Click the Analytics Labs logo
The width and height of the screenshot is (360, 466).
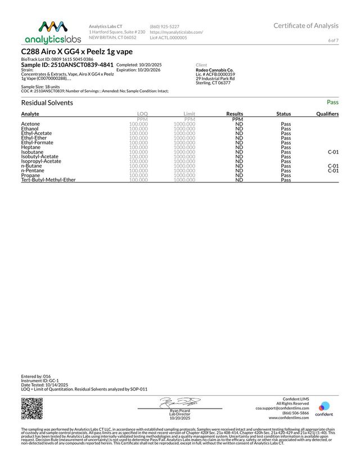point(53,32)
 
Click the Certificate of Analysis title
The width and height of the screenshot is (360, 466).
point(306,25)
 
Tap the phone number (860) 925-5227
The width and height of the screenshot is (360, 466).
point(164,26)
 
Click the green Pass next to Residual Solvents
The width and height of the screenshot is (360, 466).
point(332,102)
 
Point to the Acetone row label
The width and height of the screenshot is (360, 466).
point(30,124)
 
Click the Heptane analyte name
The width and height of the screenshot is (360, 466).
point(31,147)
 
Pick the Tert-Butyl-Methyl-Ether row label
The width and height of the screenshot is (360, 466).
point(48,180)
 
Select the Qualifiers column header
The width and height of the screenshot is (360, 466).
point(327,114)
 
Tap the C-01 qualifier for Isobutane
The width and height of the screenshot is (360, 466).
point(333,152)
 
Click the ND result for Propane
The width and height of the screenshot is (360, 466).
point(239,175)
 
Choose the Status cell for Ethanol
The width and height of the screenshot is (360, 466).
point(286,128)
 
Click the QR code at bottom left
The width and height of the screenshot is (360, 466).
point(32,409)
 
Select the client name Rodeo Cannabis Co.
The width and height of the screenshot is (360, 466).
point(215,70)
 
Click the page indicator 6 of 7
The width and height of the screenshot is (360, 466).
point(333,41)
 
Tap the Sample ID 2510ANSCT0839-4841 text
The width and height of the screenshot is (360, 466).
point(67,65)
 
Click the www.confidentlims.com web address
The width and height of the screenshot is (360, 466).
point(289,418)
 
